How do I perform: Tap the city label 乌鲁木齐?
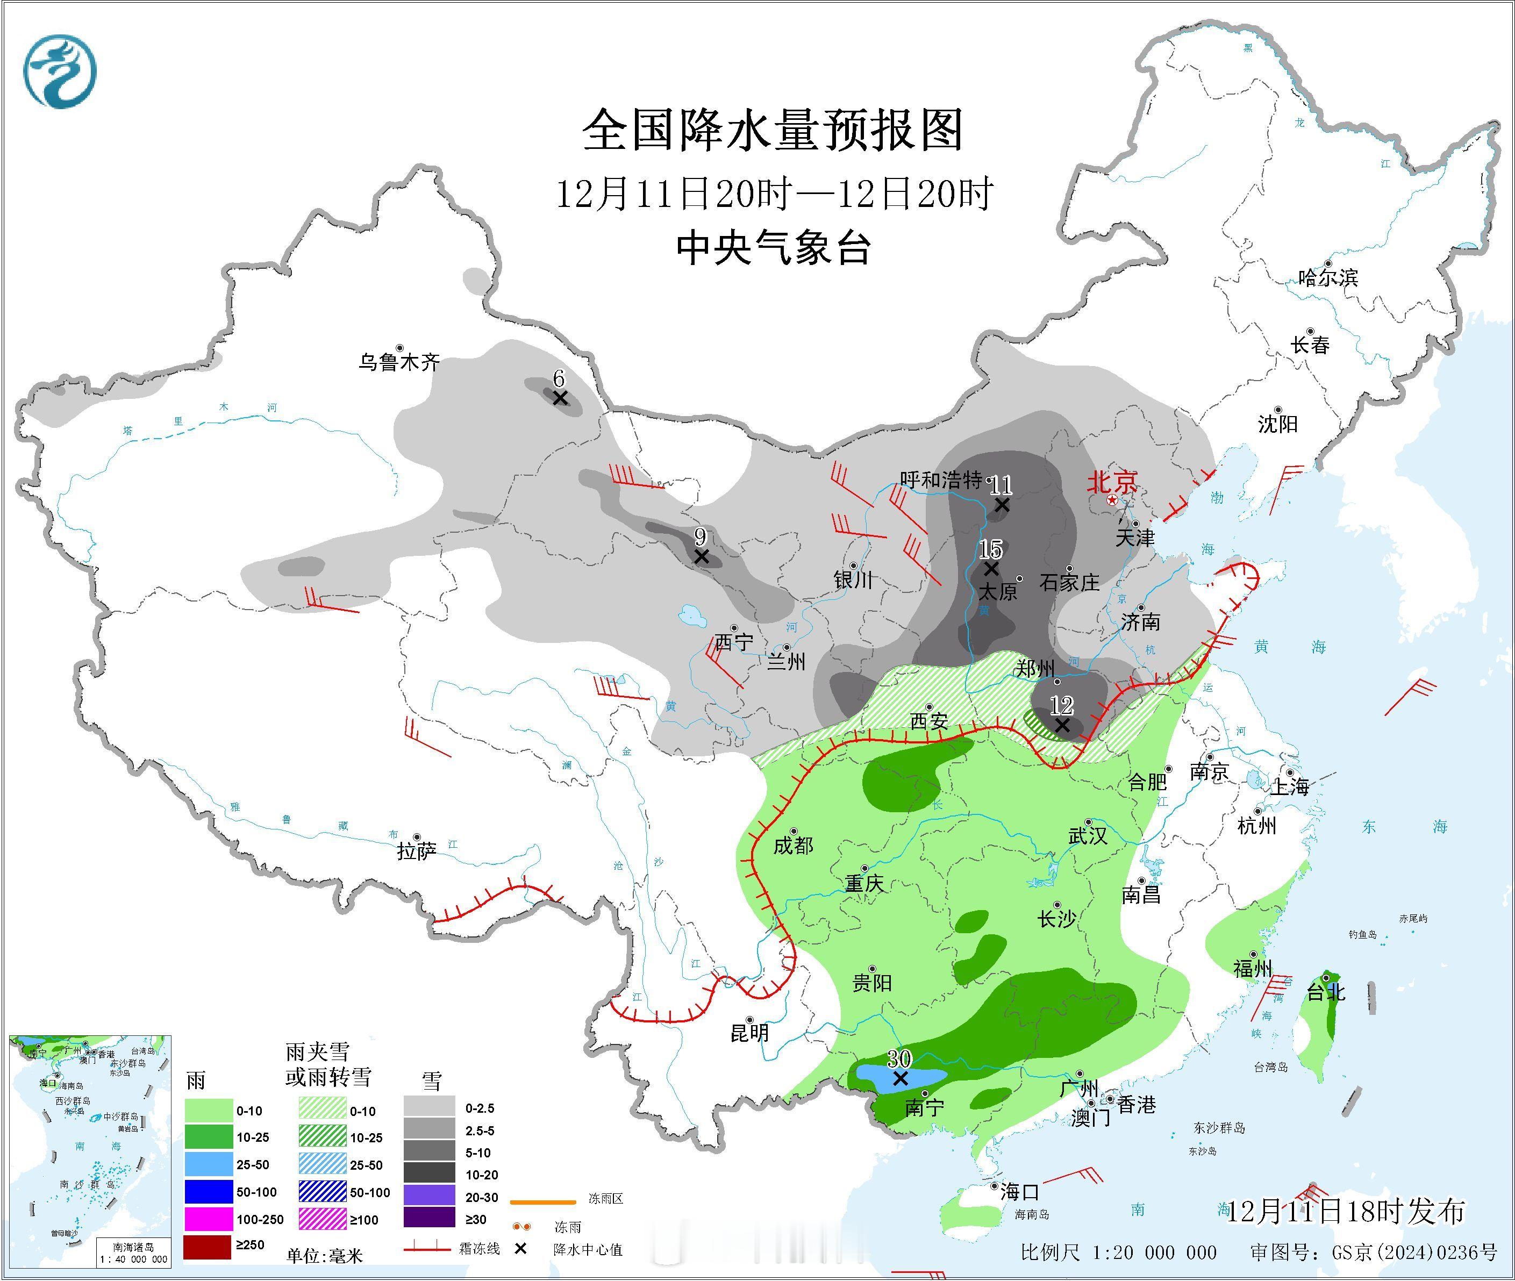point(399,362)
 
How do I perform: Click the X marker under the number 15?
point(991,569)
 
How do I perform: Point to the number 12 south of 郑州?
point(1061,704)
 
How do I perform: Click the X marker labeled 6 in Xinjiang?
point(559,398)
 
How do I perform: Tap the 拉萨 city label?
point(416,850)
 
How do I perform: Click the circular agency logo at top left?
point(60,73)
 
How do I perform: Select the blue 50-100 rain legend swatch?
point(209,1192)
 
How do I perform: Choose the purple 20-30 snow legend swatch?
point(429,1197)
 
